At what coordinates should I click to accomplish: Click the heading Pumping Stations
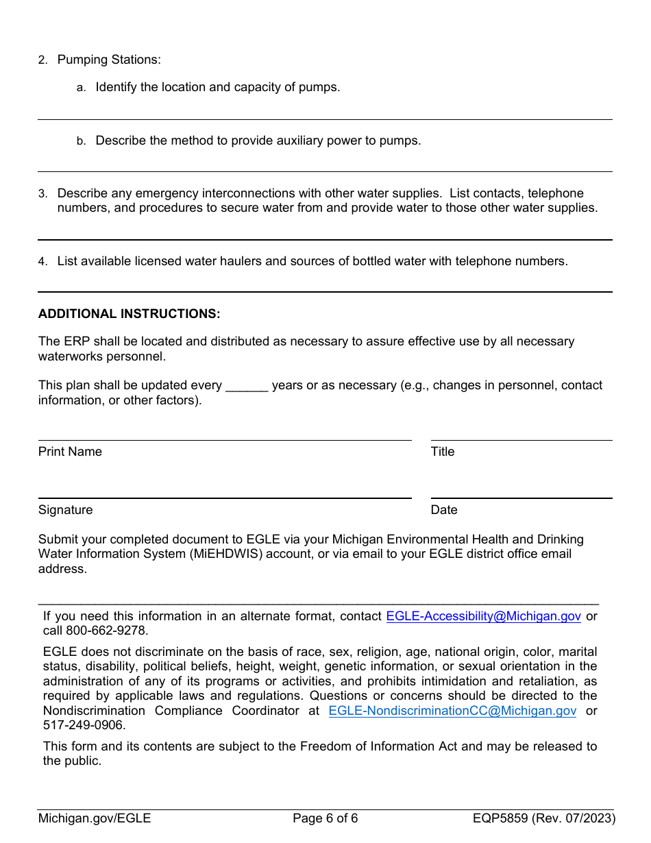point(108,60)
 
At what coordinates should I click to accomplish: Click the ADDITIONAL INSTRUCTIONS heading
point(129,314)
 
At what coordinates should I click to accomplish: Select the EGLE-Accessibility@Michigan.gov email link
point(483,616)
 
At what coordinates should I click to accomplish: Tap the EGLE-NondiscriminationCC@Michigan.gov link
point(452,711)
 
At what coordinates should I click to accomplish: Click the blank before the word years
point(246,386)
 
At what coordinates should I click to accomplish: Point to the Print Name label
point(70,452)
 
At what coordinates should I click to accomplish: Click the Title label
point(442,452)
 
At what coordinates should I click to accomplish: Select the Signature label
point(65,510)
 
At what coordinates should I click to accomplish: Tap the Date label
point(443,510)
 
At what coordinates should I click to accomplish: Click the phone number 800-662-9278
point(106,631)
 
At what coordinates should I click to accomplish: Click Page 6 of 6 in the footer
point(325,818)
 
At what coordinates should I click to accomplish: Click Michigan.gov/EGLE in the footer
point(95,818)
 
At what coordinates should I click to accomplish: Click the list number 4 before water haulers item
point(42,262)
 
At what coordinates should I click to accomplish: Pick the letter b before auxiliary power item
point(81,141)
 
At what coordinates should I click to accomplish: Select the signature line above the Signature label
point(224,498)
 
